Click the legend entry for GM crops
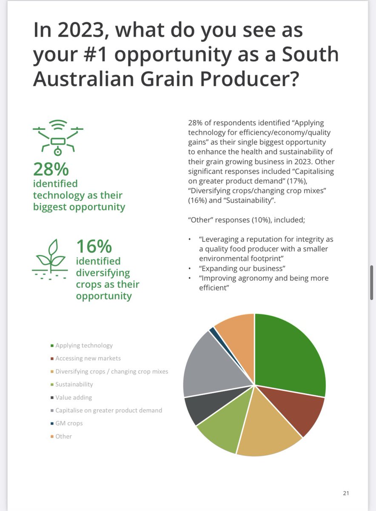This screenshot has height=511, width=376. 69,423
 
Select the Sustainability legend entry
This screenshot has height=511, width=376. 74,384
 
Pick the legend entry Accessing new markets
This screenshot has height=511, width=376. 88,358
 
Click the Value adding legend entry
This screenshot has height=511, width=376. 74,397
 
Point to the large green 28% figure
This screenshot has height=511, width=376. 51,169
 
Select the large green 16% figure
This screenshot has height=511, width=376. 94,247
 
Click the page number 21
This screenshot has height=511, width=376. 346,493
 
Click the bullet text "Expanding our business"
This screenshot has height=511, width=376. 242,269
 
